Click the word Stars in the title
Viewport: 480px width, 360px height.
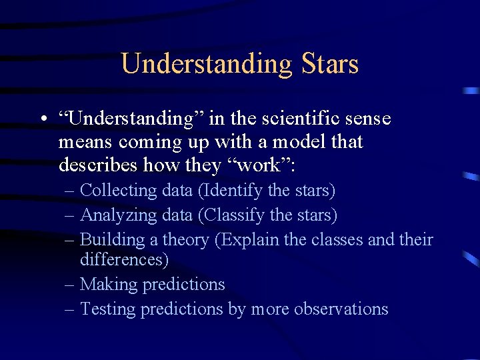click(330, 64)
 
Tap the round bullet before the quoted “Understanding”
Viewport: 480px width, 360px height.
click(42, 121)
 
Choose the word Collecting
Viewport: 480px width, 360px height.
click(117, 191)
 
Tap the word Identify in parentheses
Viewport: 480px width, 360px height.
click(231, 191)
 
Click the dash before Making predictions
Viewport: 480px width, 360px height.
click(70, 285)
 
